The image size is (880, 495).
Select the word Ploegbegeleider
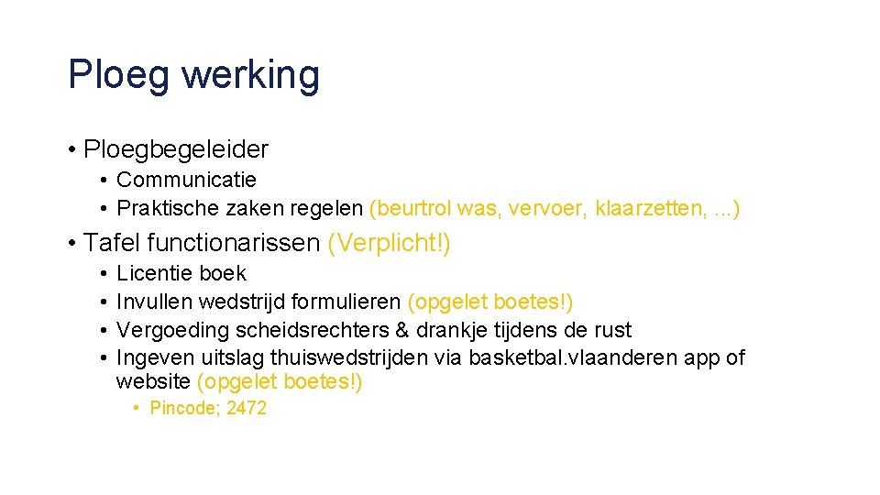tap(175, 148)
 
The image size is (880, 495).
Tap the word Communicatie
tap(186, 180)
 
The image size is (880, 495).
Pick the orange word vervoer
tap(545, 209)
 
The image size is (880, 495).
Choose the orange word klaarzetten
tap(651, 209)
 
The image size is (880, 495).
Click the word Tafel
tap(111, 243)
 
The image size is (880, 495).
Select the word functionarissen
tap(233, 243)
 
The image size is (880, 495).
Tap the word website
tap(153, 381)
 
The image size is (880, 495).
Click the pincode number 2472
tap(247, 409)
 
